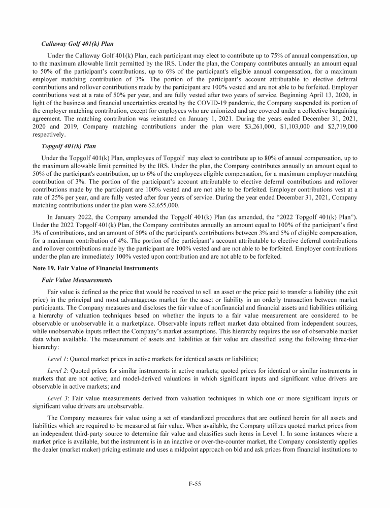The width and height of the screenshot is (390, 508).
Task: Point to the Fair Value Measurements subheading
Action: pos(79,280)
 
